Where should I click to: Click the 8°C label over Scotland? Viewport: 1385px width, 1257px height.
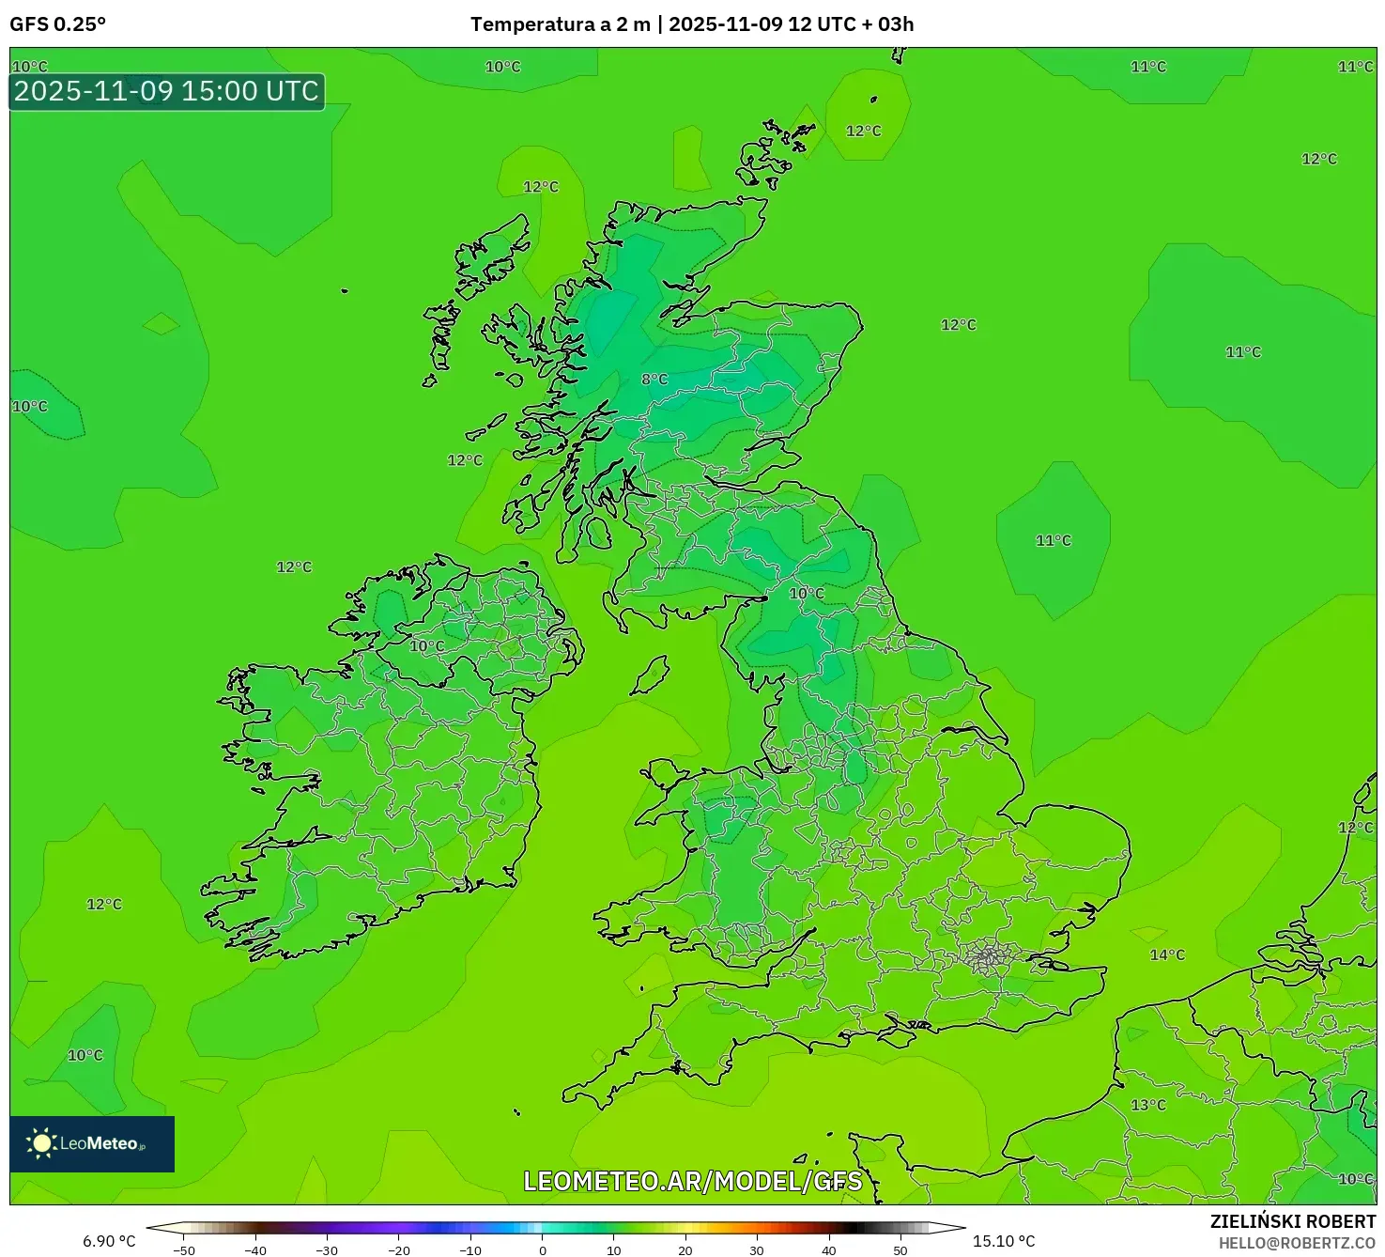click(x=654, y=380)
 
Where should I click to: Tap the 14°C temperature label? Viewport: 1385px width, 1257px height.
click(x=1167, y=955)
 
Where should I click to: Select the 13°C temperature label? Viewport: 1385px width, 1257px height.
click(x=1147, y=1105)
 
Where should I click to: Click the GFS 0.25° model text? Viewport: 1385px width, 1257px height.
click(x=57, y=24)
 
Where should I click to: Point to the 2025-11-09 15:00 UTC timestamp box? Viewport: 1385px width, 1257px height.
click(x=167, y=92)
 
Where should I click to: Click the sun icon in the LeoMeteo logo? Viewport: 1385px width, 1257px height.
click(x=41, y=1143)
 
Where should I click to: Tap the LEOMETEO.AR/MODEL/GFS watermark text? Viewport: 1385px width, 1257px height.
click(x=692, y=1181)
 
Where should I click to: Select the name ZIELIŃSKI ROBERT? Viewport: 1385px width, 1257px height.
click(x=1292, y=1221)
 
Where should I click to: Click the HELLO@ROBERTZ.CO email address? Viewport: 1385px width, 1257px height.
click(x=1297, y=1243)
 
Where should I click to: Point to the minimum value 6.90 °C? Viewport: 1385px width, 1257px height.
click(x=109, y=1241)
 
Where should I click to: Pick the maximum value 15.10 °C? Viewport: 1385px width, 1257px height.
click(x=1004, y=1241)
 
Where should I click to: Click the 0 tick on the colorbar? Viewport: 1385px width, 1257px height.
click(x=543, y=1250)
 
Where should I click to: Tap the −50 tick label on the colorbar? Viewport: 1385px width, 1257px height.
click(x=184, y=1250)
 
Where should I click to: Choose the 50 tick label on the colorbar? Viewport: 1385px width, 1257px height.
click(x=900, y=1250)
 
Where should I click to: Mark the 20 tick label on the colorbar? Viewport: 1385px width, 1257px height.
click(x=685, y=1250)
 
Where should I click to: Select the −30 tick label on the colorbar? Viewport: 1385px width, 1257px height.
click(x=327, y=1250)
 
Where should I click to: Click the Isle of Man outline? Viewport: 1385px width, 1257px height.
click(x=650, y=675)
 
